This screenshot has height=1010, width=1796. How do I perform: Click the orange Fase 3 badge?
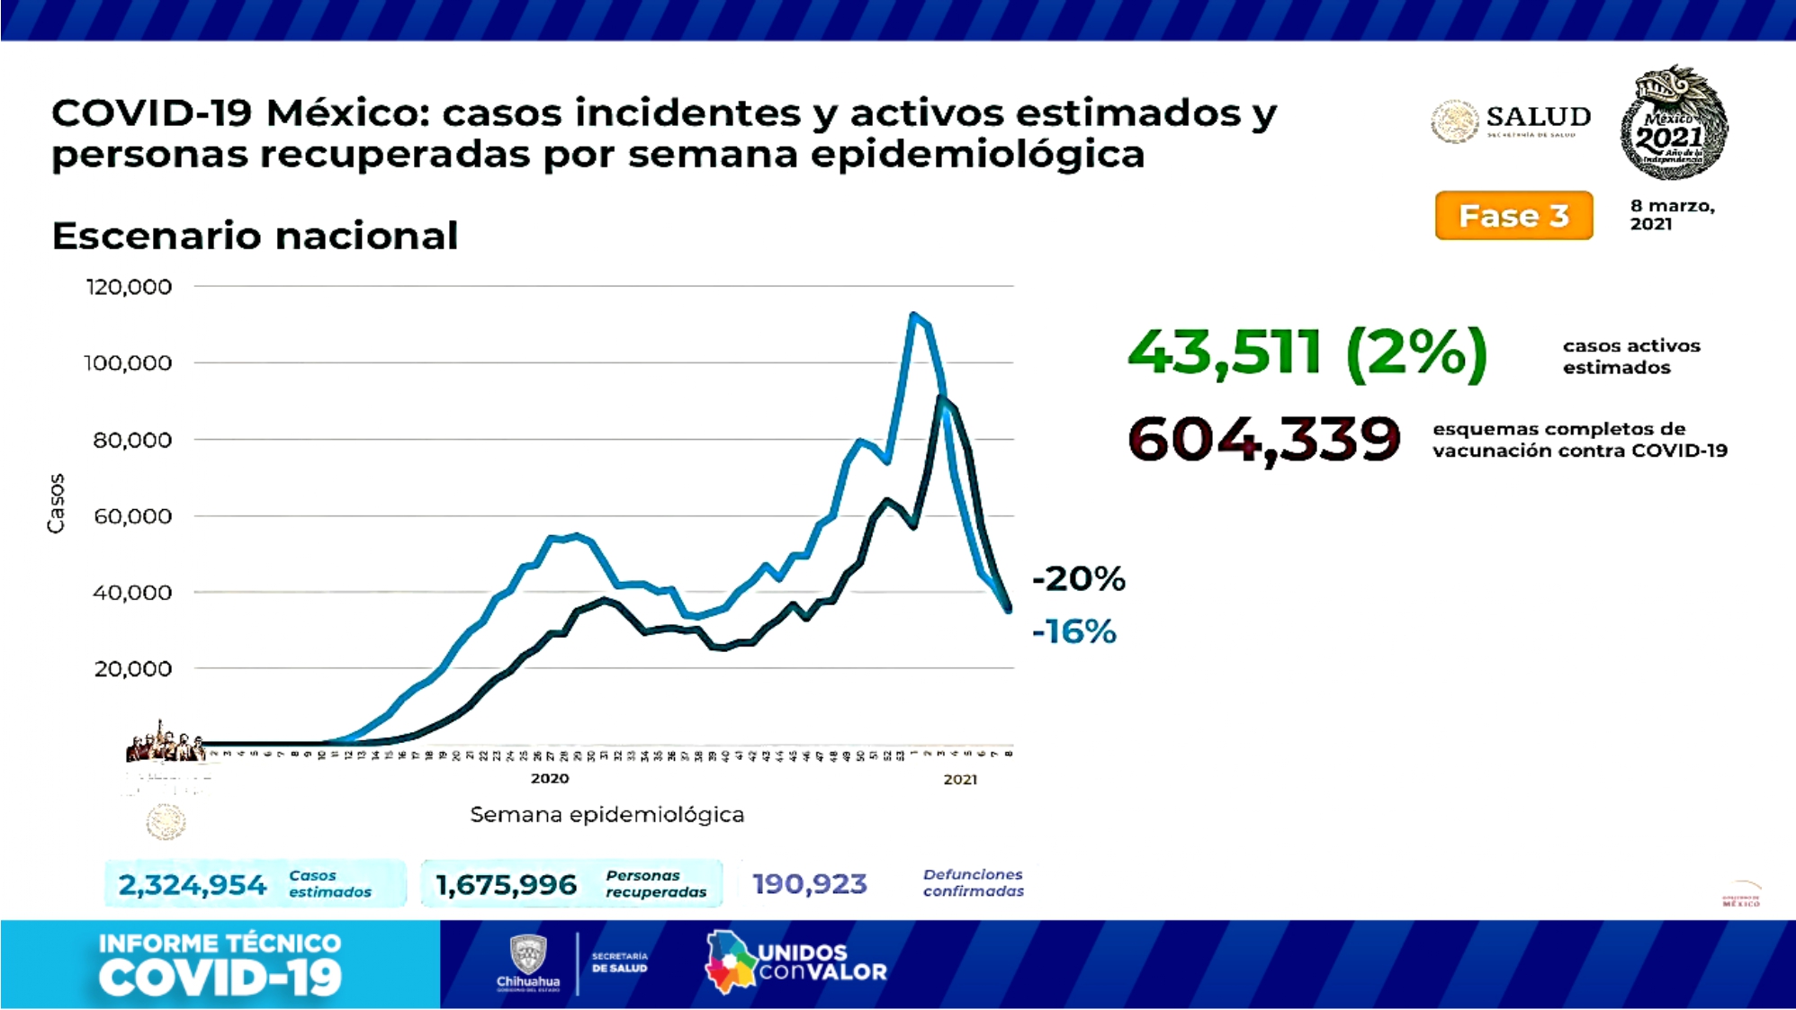pos(1513,216)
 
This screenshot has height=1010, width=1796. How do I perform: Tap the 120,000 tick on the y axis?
pos(129,287)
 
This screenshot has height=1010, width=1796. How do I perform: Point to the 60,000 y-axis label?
pos(132,516)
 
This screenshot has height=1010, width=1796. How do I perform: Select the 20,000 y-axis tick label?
pos(132,669)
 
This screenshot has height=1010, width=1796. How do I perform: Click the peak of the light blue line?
pos(912,315)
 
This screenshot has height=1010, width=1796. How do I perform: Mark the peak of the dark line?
pos(941,398)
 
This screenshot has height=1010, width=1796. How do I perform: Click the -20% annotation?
pos(1078,578)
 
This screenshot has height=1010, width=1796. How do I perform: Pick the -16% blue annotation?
pos(1074,631)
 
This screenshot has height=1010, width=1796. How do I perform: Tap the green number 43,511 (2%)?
pos(1307,352)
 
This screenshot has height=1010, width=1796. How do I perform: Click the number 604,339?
pos(1263,439)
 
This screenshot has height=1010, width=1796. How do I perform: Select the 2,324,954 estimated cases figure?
pos(193,885)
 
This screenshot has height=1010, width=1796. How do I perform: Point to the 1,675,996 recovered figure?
pos(506,885)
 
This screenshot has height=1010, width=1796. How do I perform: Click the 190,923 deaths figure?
pos(810,884)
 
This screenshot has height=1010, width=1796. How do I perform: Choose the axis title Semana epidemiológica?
pos(606,815)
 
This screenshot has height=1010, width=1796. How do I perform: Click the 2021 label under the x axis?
pos(960,780)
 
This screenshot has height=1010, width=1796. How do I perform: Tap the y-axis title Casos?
pos(56,504)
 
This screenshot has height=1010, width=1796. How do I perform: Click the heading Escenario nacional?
pos(255,237)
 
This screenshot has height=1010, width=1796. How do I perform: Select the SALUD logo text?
pos(1538,118)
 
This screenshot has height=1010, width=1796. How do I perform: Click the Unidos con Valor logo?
pos(797,962)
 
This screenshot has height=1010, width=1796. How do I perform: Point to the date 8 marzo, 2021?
pos(1672,214)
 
